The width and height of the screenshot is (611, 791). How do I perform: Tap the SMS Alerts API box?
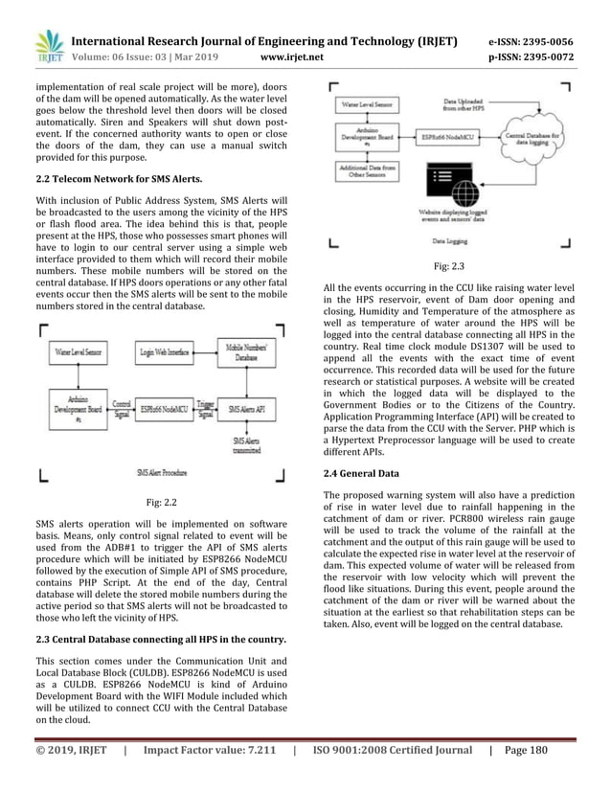pyautogui.click(x=248, y=408)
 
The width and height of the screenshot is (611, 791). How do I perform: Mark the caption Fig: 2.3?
pyautogui.click(x=448, y=268)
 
